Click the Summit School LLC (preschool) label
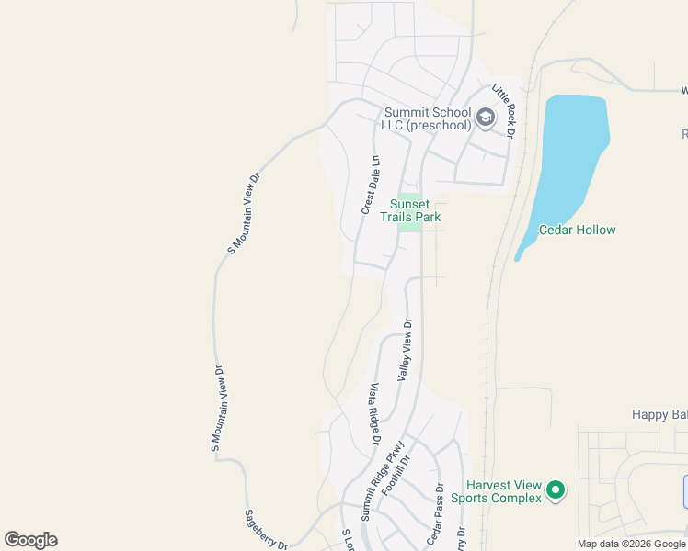[x=427, y=118]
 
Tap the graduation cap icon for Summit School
[x=486, y=118]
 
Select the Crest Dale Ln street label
[x=371, y=185]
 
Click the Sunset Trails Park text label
[x=415, y=210]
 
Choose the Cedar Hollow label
[x=577, y=230]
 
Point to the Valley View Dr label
[x=405, y=350]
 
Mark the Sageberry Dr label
[x=267, y=530]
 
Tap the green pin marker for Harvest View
[x=555, y=490]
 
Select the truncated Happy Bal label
[x=659, y=415]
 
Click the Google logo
[x=30, y=540]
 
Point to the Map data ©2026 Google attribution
[x=631, y=544]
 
